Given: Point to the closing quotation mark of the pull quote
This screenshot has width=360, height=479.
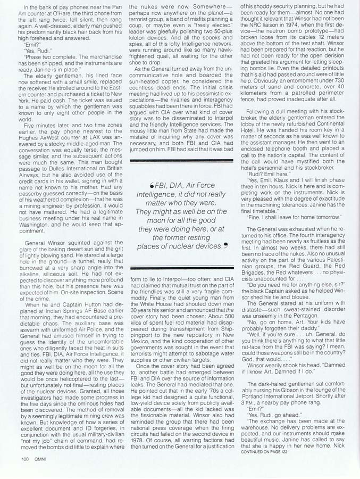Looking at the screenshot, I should tap(225, 245).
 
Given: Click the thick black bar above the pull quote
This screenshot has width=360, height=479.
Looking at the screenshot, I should tap(181, 160).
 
